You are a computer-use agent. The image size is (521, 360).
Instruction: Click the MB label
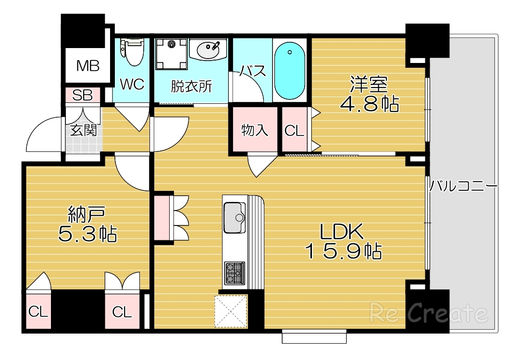click(88, 66)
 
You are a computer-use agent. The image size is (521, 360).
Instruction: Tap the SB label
click(82, 95)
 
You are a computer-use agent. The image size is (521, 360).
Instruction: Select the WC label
click(132, 85)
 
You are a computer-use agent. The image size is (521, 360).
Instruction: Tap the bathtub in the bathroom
click(289, 70)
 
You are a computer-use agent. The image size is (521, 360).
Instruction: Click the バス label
click(253, 72)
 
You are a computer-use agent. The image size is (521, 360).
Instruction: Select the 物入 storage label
click(254, 130)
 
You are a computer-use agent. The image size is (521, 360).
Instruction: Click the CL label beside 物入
click(294, 131)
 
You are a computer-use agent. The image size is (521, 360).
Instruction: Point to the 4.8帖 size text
click(369, 103)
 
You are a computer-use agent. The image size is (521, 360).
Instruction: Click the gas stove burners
click(235, 273)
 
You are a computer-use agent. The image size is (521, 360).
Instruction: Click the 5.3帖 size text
click(87, 234)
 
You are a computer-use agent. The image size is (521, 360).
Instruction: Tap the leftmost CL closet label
click(38, 312)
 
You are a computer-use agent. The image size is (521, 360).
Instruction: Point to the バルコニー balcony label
click(462, 186)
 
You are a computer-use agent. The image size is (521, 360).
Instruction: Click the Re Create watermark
click(428, 313)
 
